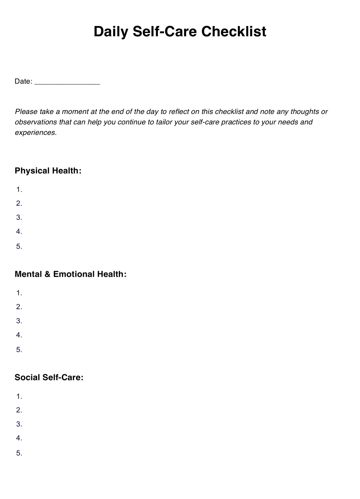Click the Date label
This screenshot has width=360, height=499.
[x=23, y=81]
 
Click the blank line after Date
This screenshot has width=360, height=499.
[x=67, y=83]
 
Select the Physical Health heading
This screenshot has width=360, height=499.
[x=48, y=171]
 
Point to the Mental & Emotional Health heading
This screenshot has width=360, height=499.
[x=70, y=274]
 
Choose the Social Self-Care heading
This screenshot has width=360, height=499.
[x=49, y=377]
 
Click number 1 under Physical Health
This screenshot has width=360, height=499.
[x=19, y=189]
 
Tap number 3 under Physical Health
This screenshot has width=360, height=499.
[x=19, y=217]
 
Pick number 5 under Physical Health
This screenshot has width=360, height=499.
[x=19, y=246]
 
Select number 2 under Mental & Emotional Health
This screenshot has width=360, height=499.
[x=19, y=307]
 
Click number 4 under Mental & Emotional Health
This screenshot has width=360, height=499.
[x=19, y=335]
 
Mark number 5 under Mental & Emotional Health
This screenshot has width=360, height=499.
[x=19, y=350]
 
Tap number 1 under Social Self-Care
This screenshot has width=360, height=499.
[x=19, y=396]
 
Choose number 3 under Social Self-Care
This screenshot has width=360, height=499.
[x=19, y=424]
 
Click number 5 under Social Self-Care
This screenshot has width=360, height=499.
[x=19, y=453]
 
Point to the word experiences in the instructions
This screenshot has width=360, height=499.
[x=36, y=133]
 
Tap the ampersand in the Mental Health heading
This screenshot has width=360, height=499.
[x=47, y=274]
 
